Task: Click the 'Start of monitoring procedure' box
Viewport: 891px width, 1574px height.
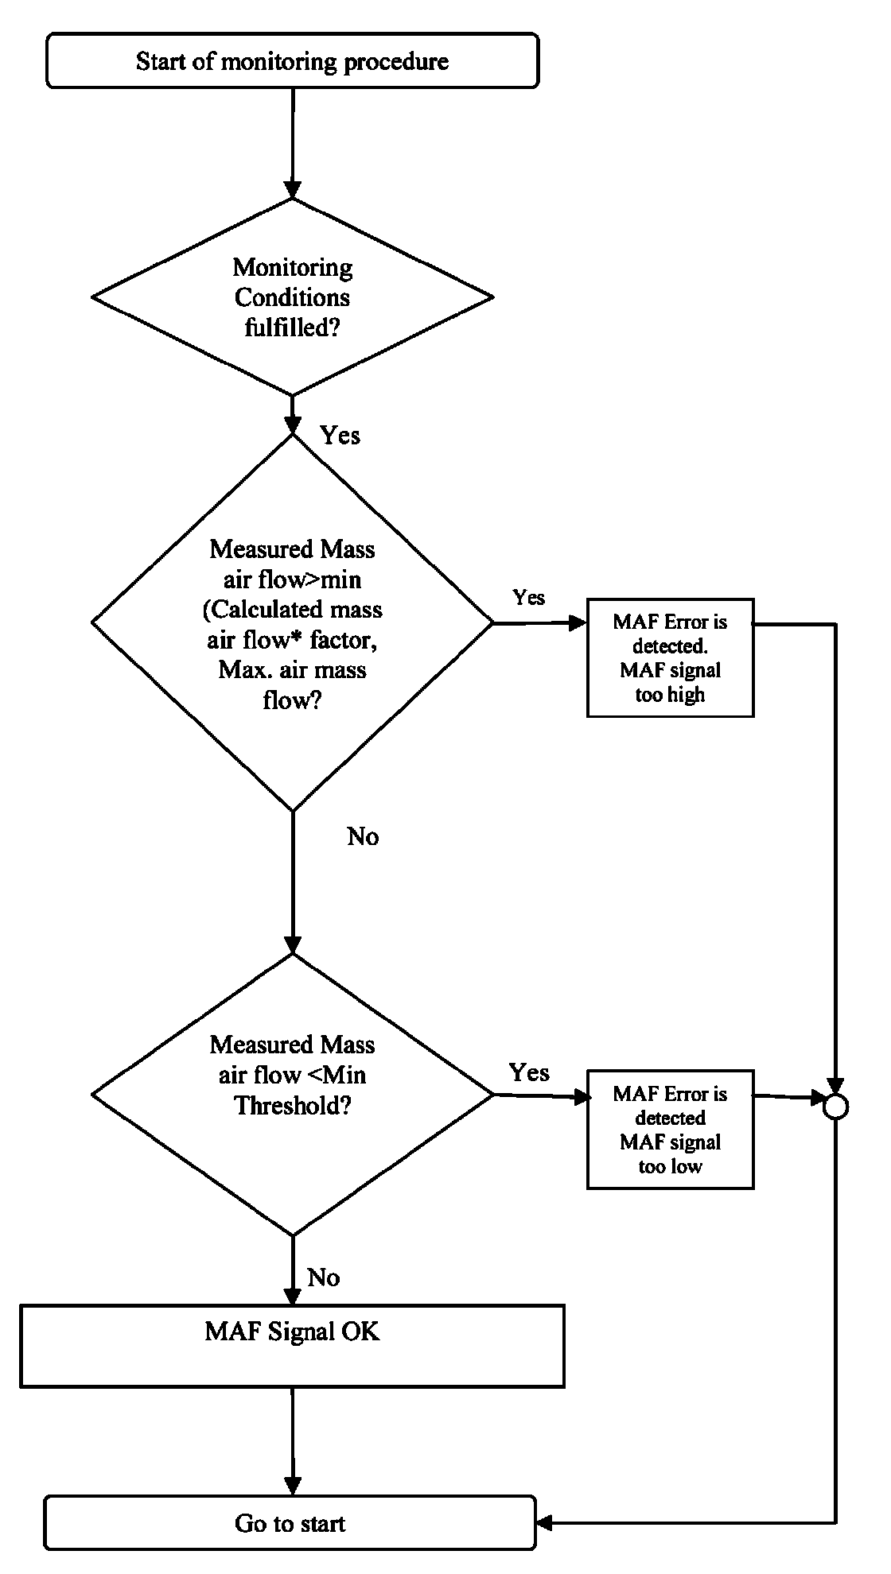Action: pos(292,60)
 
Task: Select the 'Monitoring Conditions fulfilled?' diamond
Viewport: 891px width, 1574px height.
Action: pos(292,297)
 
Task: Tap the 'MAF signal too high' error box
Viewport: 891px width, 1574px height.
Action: pos(670,658)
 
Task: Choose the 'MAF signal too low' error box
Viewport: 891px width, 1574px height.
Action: pos(670,1129)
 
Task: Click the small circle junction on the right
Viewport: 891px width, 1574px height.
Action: pos(835,1107)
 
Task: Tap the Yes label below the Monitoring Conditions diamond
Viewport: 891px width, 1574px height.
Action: pos(340,435)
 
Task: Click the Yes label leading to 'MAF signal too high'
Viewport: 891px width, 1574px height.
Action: pos(528,597)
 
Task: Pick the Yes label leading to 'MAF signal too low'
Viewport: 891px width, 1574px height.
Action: pos(529,1072)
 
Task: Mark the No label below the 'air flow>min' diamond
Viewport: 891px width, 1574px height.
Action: pos(363,836)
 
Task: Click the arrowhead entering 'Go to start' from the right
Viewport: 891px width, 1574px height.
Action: pos(545,1523)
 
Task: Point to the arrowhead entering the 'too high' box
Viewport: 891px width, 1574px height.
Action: pos(578,623)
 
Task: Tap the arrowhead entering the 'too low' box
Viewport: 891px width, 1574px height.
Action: pos(582,1097)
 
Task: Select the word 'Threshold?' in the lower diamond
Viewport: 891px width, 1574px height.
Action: pos(293,1105)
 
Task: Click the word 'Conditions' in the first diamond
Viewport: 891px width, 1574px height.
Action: pos(292,297)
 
